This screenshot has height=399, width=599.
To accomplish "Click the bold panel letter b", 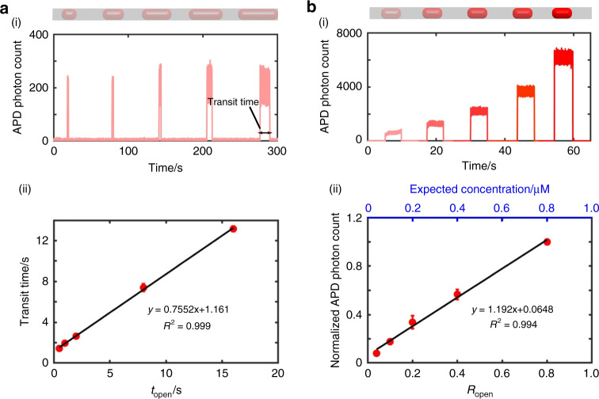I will [313, 7].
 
